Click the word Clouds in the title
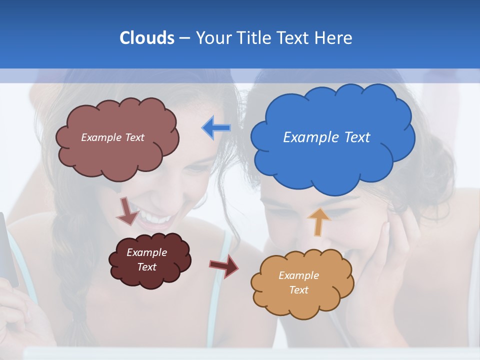(146, 38)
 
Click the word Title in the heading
(253, 38)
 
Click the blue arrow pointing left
(216, 128)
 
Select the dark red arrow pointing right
(224, 265)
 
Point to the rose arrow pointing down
(127, 210)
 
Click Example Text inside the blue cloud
(326, 137)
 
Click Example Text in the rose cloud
(112, 137)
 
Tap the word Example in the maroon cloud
(146, 252)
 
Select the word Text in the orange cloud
(298, 290)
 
